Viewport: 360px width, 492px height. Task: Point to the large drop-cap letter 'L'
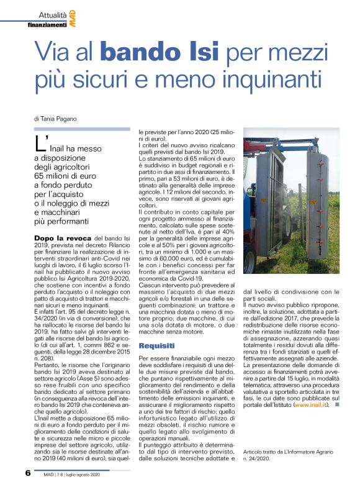(42, 145)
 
